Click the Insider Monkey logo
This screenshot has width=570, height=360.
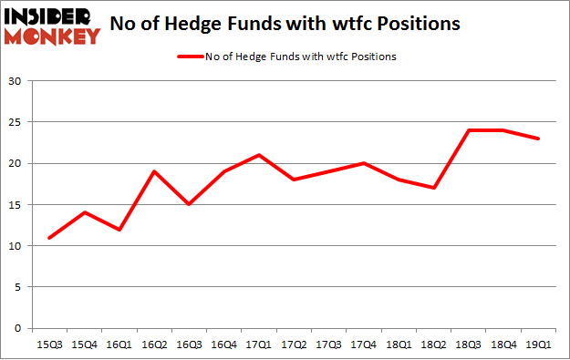52,26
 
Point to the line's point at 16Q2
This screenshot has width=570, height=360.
155,171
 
